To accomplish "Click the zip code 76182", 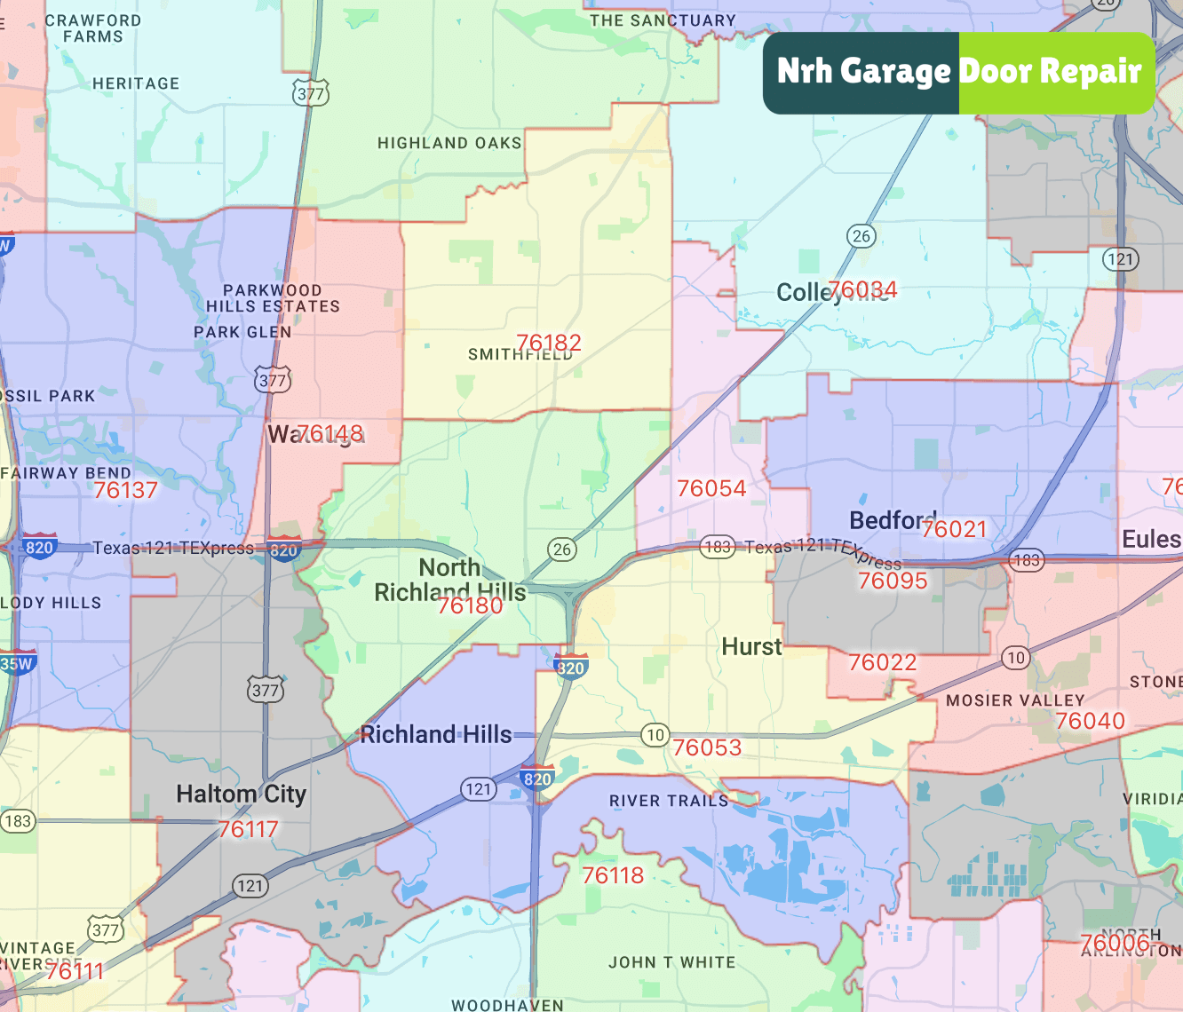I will pyautogui.click(x=549, y=343).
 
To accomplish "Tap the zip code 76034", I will pyautogui.click(x=862, y=290).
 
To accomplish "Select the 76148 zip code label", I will pyautogui.click(x=329, y=433).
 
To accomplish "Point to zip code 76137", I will pyautogui.click(x=125, y=490).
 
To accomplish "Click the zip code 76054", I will pyautogui.click(x=711, y=488).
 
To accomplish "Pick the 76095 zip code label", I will pyautogui.click(x=893, y=581).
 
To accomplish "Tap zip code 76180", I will pyautogui.click(x=470, y=605).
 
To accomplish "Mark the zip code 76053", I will pyautogui.click(x=707, y=747).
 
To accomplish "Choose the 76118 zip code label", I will pyautogui.click(x=613, y=875).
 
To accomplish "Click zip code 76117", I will pyautogui.click(x=249, y=829).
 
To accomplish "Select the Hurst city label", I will pyautogui.click(x=751, y=646).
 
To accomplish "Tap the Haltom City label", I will pyautogui.click(x=241, y=794).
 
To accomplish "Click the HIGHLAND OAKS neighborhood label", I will pyautogui.click(x=449, y=143).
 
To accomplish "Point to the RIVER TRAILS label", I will pyautogui.click(x=669, y=801).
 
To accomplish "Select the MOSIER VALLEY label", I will pyautogui.click(x=1015, y=700).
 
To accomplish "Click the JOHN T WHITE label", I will pyautogui.click(x=671, y=962).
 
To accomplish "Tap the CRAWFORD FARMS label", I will pyautogui.click(x=92, y=28).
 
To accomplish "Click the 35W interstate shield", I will pyautogui.click(x=16, y=663).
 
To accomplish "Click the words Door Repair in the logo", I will pyautogui.click(x=1050, y=71).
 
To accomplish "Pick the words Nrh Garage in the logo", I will pyautogui.click(x=863, y=71).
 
